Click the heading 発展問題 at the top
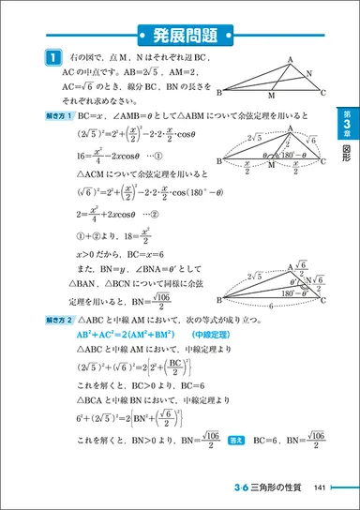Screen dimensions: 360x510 click(x=180, y=37)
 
